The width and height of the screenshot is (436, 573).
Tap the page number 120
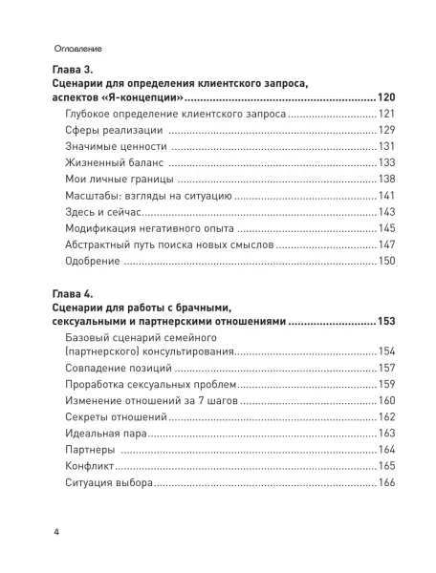385,98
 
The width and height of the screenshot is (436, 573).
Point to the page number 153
385,322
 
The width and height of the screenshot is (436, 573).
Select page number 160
386,401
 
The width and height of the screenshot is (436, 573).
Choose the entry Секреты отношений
116,417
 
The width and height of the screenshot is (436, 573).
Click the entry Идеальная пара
106,434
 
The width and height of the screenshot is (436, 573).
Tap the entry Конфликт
91,466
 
